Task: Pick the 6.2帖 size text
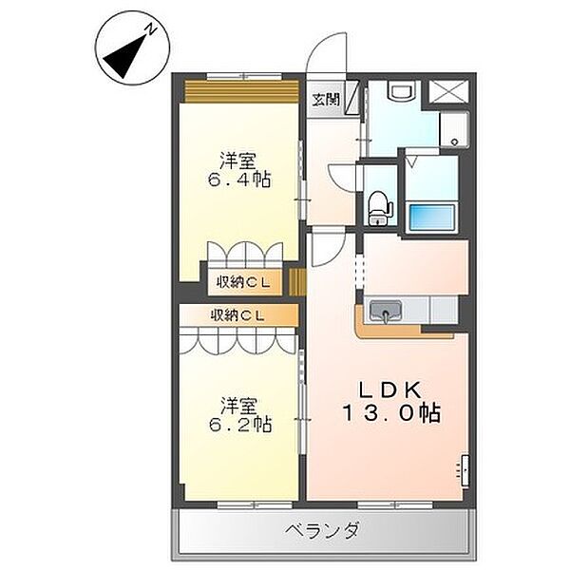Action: pos(239,424)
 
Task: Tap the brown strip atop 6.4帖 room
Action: pos(242,90)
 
